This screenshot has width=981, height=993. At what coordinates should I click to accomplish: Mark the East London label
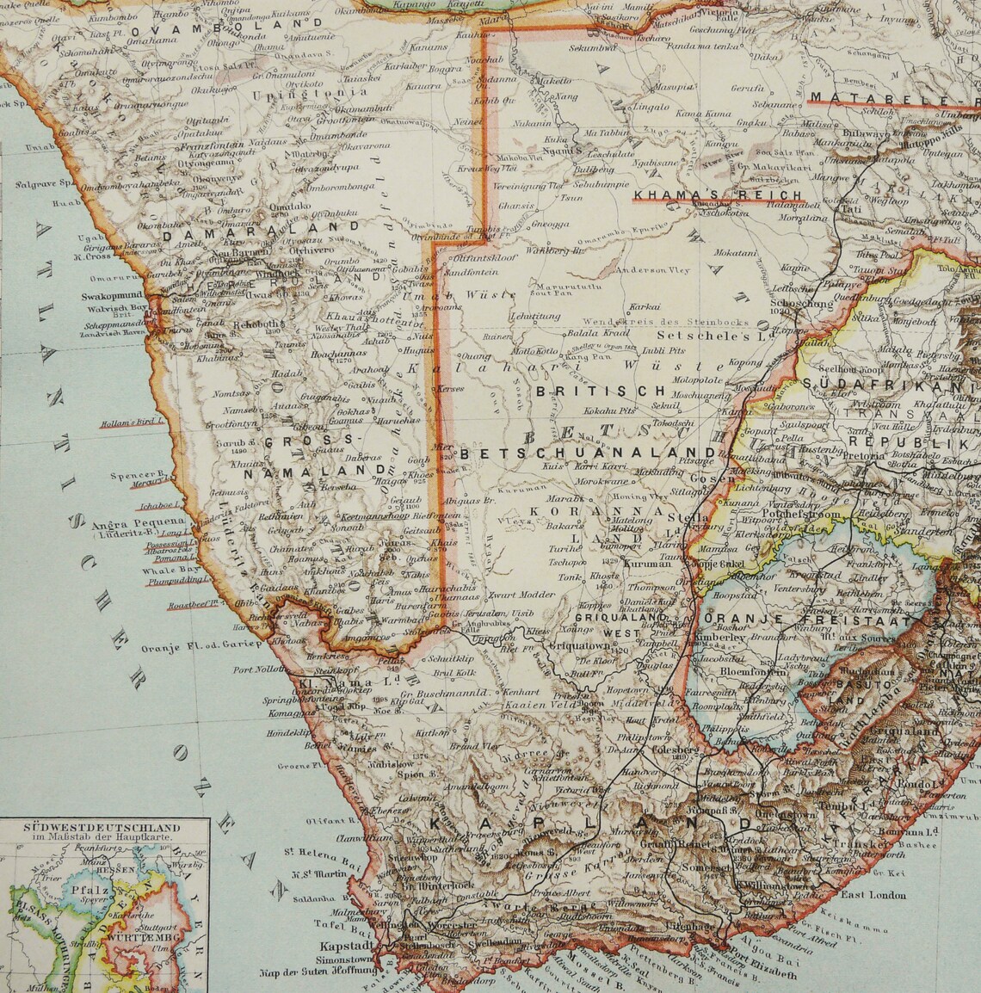coord(873,895)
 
